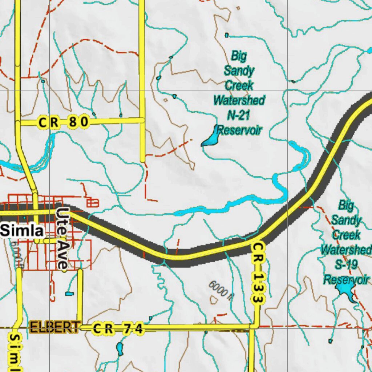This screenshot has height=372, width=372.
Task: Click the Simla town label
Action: click(x=23, y=230)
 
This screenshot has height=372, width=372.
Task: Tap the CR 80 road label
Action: click(x=64, y=123)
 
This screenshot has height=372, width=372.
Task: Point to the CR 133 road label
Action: click(x=258, y=273)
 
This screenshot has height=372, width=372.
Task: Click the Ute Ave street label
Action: click(x=62, y=239)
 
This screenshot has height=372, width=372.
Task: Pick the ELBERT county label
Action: click(x=55, y=327)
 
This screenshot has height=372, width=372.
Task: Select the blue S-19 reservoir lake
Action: click(x=345, y=291)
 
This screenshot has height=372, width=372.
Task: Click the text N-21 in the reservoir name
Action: click(x=238, y=115)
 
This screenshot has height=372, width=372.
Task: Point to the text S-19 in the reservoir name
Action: click(x=345, y=264)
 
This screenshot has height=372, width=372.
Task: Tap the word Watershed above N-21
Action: click(x=239, y=100)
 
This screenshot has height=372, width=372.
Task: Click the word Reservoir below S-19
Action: click(x=346, y=280)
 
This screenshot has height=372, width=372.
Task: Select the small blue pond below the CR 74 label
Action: click(x=120, y=349)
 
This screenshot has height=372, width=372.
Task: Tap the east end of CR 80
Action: click(x=142, y=120)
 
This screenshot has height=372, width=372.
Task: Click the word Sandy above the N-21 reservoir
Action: click(x=239, y=70)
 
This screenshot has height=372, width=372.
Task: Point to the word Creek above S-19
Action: click(x=347, y=235)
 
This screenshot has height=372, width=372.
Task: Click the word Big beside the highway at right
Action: click(x=345, y=205)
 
